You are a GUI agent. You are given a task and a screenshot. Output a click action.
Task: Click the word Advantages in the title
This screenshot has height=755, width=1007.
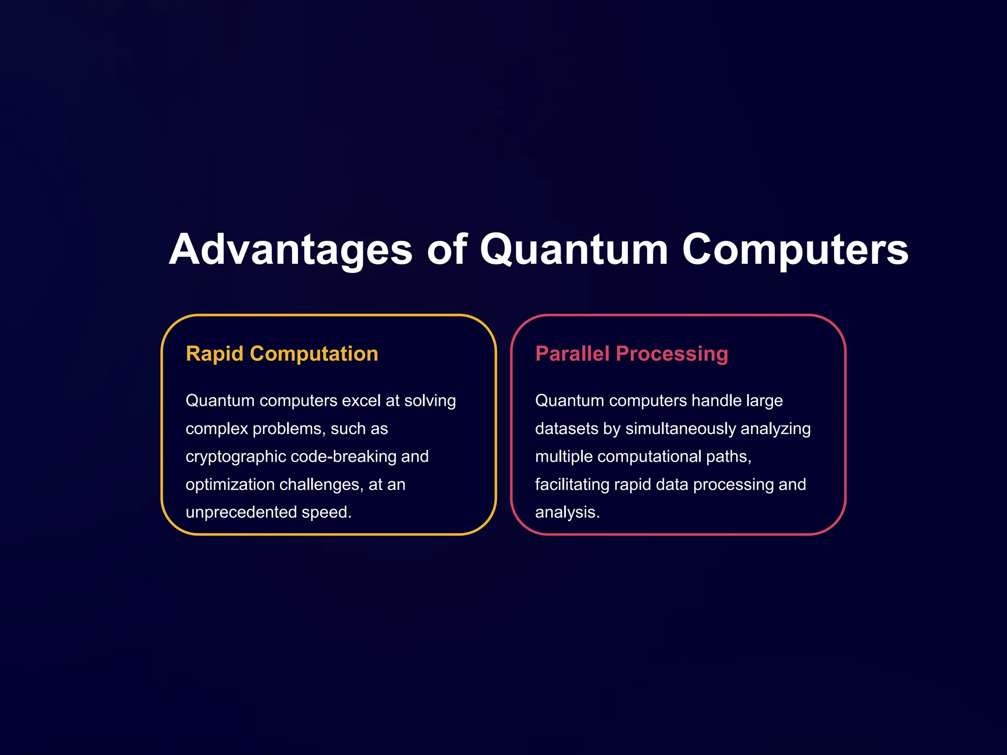pos(291,250)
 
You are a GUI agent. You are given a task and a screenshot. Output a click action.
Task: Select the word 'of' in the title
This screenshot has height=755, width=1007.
pos(446,250)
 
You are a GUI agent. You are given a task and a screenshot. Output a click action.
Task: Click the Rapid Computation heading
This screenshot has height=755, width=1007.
pos(282,354)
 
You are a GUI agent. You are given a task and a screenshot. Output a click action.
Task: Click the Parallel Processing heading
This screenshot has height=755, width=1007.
pos(631,354)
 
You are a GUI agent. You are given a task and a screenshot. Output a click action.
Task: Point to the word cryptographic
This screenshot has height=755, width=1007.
pos(236,457)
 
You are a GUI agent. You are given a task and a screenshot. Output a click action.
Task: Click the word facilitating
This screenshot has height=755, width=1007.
pos(571,485)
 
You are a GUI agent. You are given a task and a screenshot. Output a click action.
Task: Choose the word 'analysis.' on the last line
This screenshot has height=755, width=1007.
pos(567,512)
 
